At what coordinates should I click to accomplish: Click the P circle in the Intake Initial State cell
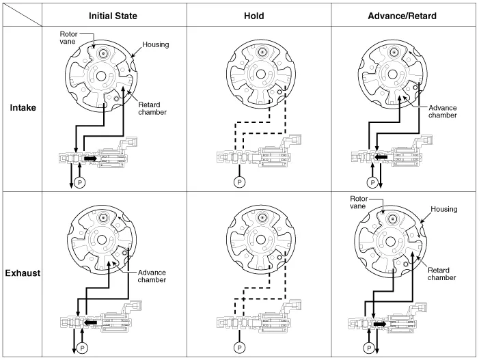(79, 183)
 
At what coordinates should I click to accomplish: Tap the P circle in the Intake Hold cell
(239, 182)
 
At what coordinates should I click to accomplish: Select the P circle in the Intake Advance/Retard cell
(372, 182)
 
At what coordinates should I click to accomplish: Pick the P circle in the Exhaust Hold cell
(238, 347)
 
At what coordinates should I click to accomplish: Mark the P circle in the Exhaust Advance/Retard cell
(370, 347)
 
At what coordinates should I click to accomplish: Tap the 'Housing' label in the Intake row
(156, 44)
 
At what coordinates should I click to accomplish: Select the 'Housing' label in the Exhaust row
(443, 209)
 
